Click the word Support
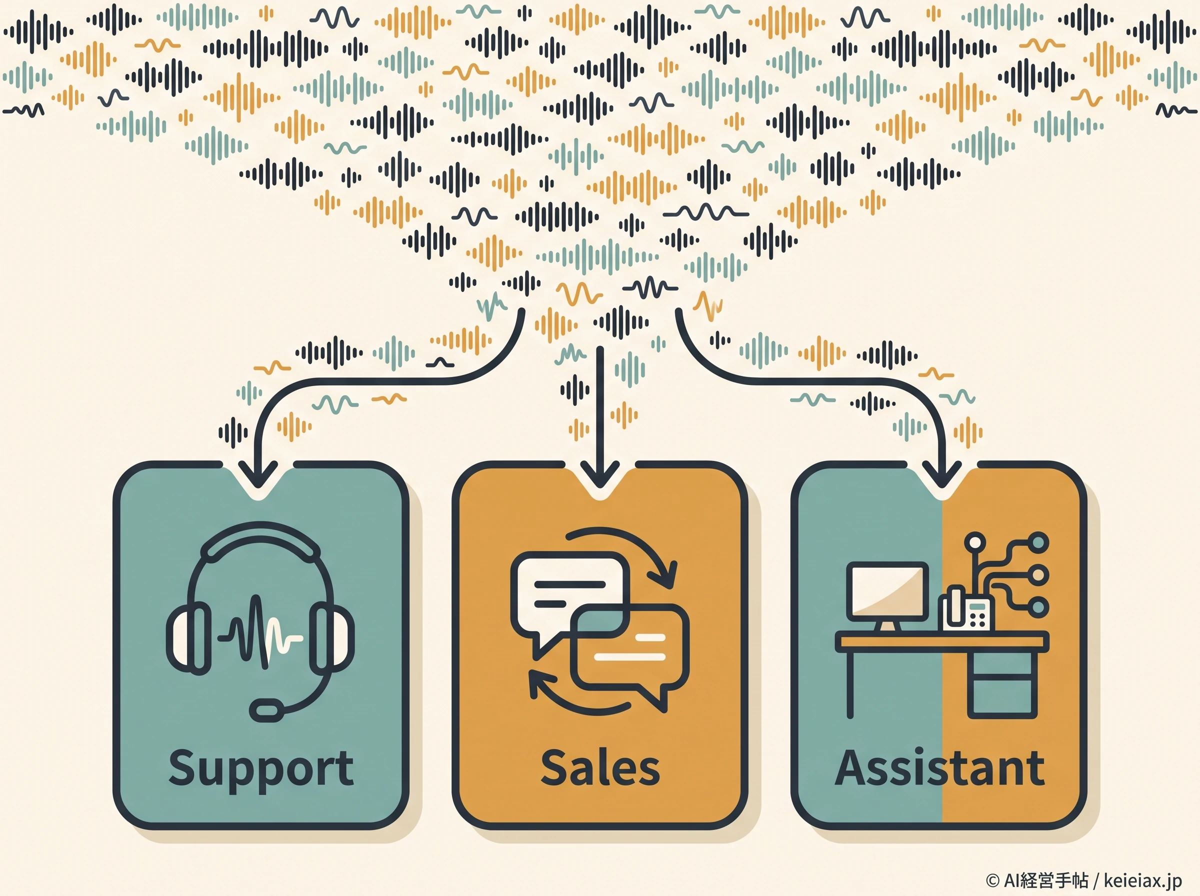coord(261,769)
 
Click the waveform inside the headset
coord(260,632)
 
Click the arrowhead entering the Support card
coord(258,475)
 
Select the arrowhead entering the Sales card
coord(599,475)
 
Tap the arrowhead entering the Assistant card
coord(942,475)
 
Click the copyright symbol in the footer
coord(992,879)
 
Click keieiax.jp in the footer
coord(1142,879)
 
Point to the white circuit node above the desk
coord(975,542)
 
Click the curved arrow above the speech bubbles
coord(623,555)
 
